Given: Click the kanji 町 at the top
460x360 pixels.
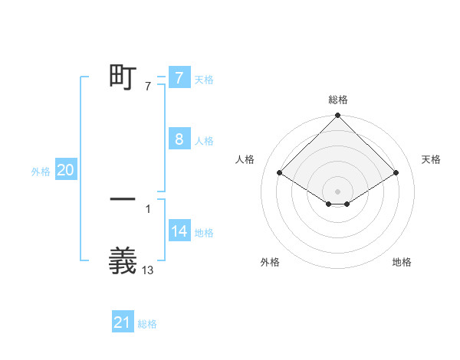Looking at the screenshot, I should coord(123,77).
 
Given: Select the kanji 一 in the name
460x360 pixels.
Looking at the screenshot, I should coord(123,198).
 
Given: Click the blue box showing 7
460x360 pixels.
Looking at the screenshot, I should coord(179,78).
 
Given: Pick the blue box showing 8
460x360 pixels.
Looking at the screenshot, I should coord(179,139).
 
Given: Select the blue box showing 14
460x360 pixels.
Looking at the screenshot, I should coord(179,232).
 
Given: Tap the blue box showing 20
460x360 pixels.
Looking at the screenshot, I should coord(65,171).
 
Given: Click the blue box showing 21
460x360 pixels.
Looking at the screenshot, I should coord(123,323).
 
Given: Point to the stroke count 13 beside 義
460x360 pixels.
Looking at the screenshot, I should coord(148,270).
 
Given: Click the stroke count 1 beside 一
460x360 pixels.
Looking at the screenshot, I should coord(148,208).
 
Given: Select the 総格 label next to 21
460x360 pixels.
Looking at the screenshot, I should coord(147,324).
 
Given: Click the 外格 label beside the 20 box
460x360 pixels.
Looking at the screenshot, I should coord(41,172).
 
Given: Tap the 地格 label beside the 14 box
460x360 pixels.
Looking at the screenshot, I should coord(204,233).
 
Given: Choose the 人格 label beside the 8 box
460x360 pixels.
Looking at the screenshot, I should coord(204,140).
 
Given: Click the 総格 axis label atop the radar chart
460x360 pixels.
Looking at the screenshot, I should coord(338,100).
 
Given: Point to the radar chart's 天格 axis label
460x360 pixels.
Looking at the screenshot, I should coord(431,159).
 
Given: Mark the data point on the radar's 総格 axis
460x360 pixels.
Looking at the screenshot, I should coord(338,116).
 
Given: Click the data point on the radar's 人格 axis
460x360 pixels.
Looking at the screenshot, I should coord(280,172).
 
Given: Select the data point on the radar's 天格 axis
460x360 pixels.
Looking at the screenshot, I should coord(396,172).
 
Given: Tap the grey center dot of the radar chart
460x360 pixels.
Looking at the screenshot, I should coord(338,191).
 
